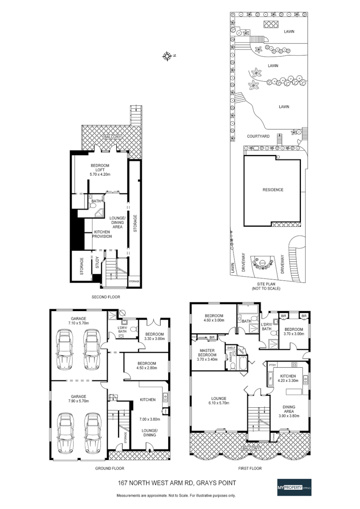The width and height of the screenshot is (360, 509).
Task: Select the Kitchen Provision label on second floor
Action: click(x=102, y=234)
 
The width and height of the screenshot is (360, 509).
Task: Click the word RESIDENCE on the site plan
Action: click(x=273, y=190)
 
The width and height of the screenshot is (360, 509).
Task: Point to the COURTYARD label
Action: click(x=258, y=136)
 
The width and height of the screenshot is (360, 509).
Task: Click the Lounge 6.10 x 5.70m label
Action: click(x=219, y=400)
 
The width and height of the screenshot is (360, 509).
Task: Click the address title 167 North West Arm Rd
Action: click(x=176, y=485)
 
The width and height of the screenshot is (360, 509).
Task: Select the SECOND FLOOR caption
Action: click(x=105, y=297)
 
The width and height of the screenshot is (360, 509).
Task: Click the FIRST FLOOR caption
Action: click(x=249, y=468)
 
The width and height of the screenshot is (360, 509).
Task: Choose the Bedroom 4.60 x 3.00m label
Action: click(x=214, y=317)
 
